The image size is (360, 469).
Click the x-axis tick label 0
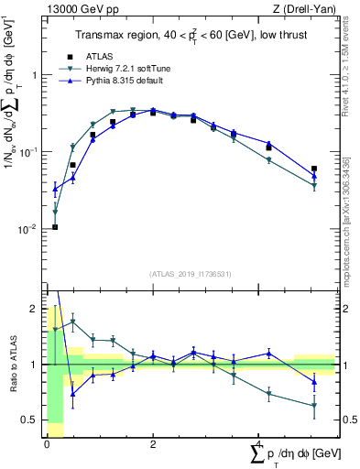click(x=47, y=442)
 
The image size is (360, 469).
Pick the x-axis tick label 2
click(x=153, y=442)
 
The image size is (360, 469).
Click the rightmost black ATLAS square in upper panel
click(x=314, y=169)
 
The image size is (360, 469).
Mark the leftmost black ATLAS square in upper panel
click(x=55, y=227)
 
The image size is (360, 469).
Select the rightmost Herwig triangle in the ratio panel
click(x=314, y=405)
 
